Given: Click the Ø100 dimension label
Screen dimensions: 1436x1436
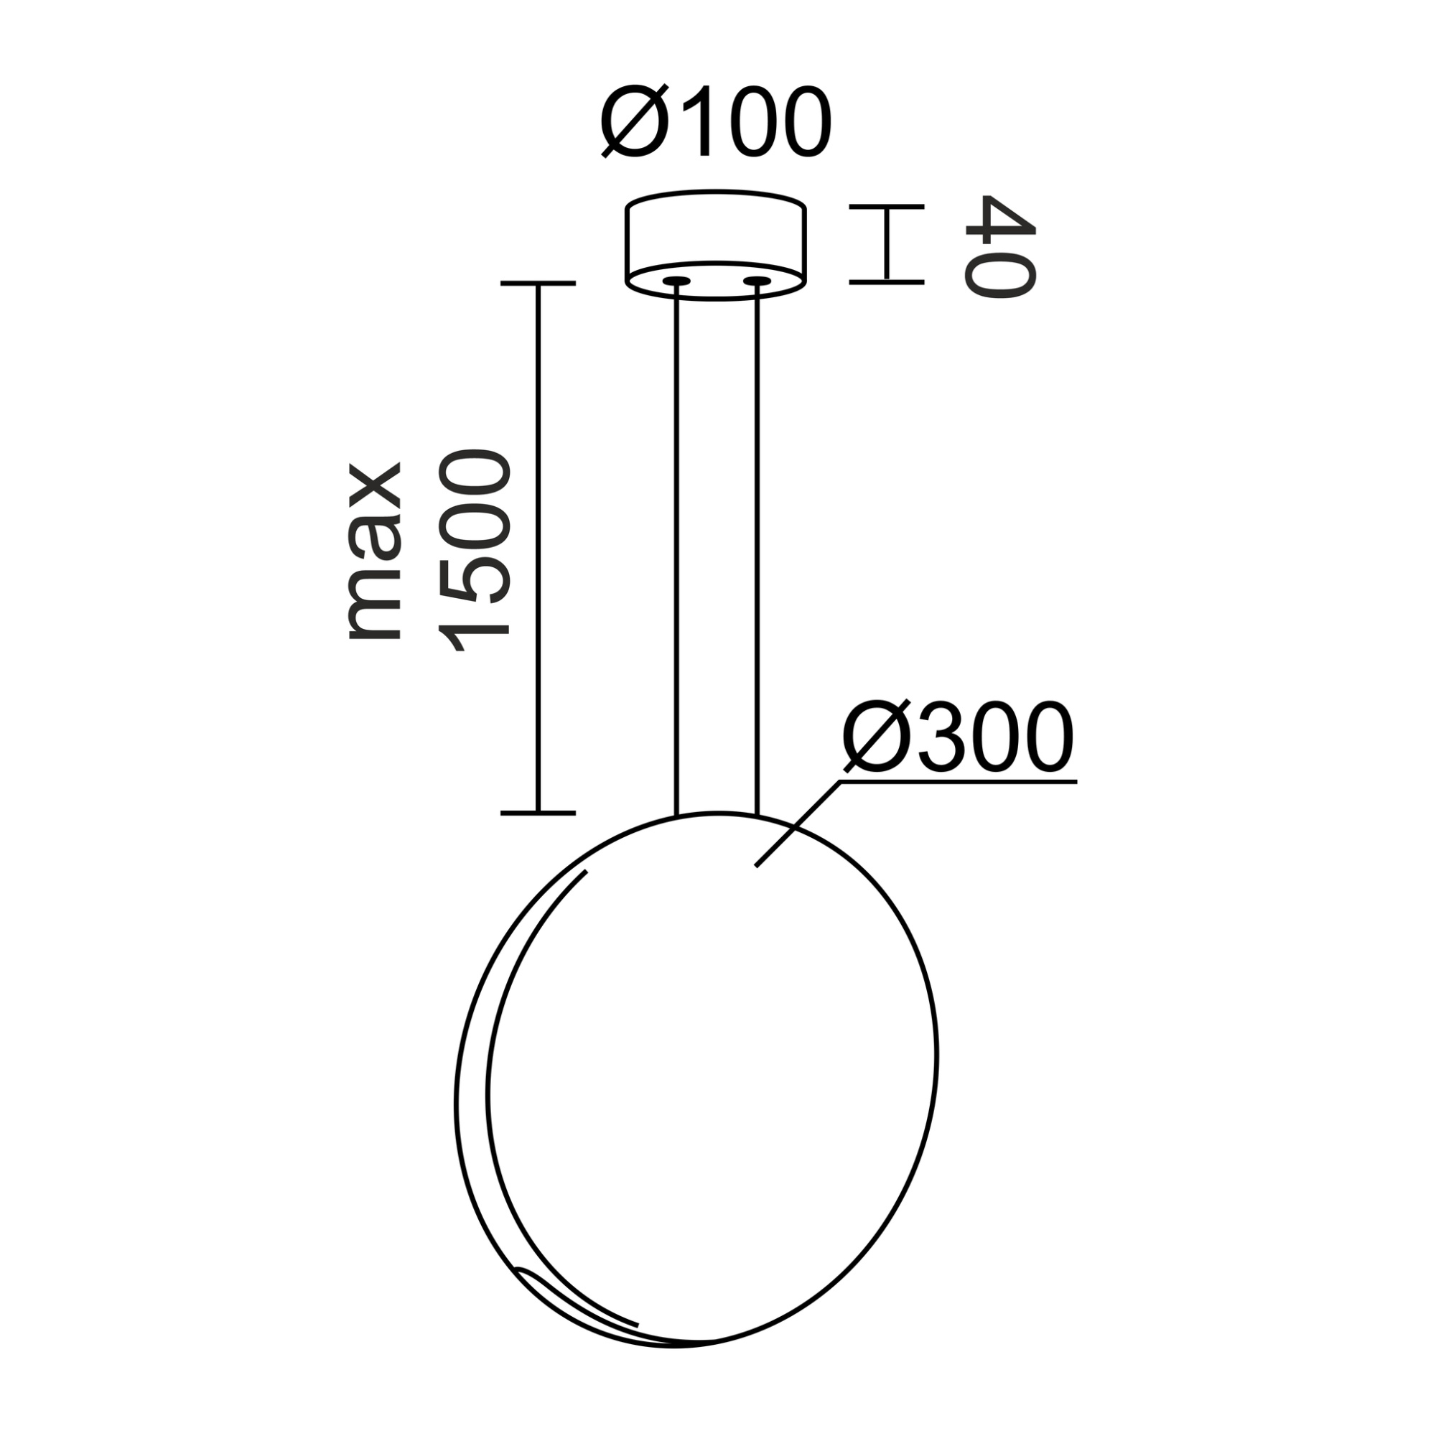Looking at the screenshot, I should [x=715, y=123].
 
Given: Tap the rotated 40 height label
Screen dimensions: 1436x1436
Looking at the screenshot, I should [x=999, y=247].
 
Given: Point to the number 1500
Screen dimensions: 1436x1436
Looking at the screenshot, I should [x=474, y=551].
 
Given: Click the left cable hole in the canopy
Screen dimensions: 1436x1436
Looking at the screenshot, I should [x=676, y=281].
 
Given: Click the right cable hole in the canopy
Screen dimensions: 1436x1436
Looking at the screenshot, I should [x=757, y=281].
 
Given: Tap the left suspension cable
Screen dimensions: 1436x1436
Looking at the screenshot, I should [x=676, y=550].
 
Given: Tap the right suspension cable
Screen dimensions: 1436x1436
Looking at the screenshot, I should [x=757, y=550].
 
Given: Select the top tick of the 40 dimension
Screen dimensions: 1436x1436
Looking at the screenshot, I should [x=887, y=206].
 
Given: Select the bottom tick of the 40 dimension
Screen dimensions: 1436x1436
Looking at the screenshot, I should [x=887, y=282].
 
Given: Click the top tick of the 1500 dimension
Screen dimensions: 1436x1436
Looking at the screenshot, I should [x=538, y=283].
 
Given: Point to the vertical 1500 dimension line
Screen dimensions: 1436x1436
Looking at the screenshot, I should [x=538, y=550].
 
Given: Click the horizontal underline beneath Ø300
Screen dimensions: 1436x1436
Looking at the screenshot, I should [x=959, y=782].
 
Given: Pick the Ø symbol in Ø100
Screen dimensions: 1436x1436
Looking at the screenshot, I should [x=631, y=123].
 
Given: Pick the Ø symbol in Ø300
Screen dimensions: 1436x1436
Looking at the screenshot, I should [x=873, y=738].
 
